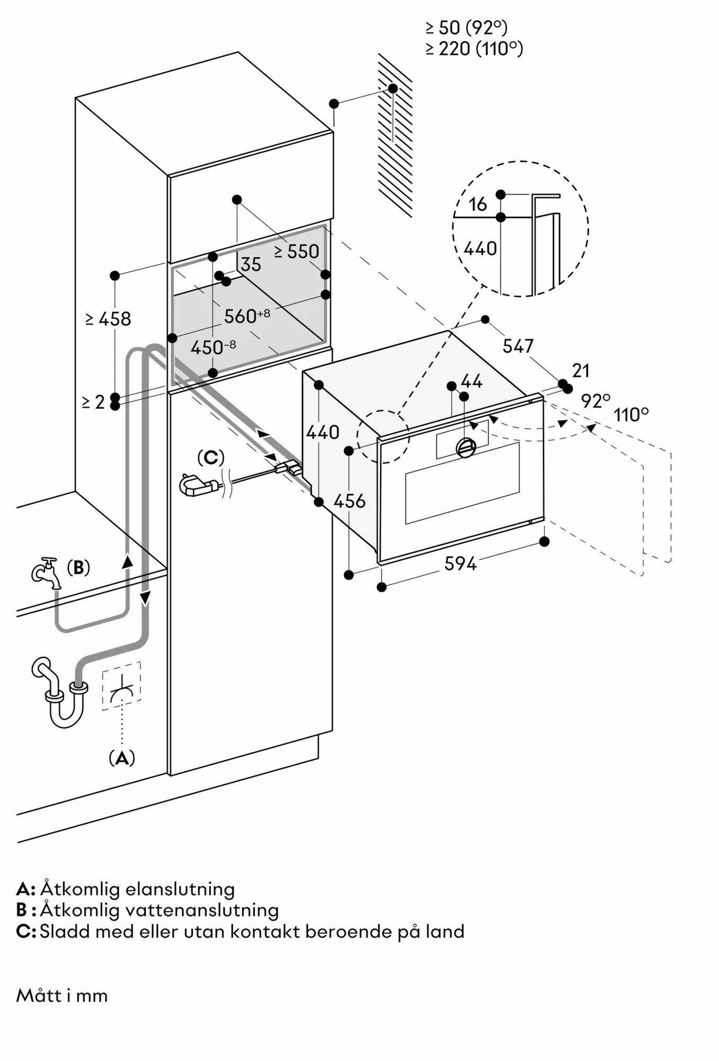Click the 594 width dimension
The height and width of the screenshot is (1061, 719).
[x=460, y=563]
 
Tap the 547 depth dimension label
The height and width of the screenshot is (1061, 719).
[x=518, y=346]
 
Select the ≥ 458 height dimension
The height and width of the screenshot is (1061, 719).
[x=108, y=319]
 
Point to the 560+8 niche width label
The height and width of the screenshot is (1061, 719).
[x=247, y=316]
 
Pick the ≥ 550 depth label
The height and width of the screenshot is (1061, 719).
[x=297, y=251]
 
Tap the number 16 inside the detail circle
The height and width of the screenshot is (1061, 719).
[x=477, y=204]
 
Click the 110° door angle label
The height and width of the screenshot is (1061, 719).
[x=631, y=414]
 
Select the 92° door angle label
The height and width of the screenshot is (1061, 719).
[x=595, y=401]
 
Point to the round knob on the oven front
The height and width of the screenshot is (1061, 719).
[x=466, y=448]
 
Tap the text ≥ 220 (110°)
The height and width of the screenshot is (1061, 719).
[x=474, y=49]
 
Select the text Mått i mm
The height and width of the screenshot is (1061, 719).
[x=62, y=995]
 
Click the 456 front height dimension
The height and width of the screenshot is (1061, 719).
[x=350, y=501]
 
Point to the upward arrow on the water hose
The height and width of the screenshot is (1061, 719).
[x=127, y=561]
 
